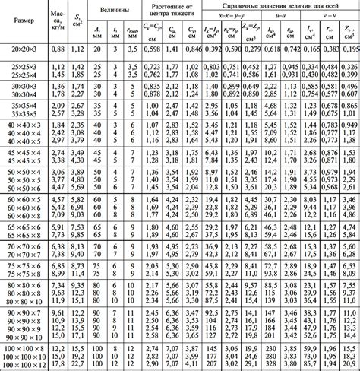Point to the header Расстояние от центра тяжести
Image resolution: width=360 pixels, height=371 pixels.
point(172,14)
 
